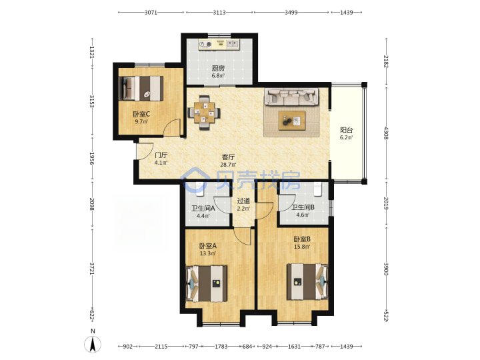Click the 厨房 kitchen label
point(218,68)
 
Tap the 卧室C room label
point(141,114)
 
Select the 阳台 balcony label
point(346,130)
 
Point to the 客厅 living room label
point(228,157)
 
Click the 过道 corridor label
point(243,201)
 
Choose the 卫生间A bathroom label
point(203,209)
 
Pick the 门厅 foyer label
point(161,155)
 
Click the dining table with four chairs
point(204,113)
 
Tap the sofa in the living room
point(291,97)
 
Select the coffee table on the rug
point(292,121)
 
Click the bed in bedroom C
point(141,88)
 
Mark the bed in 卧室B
point(307,281)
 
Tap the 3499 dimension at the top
point(291,12)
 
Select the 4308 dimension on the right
point(386,133)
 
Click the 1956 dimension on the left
point(91,158)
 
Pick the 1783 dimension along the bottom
point(221,346)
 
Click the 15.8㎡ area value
point(302,247)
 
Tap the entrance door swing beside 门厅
point(145,151)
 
